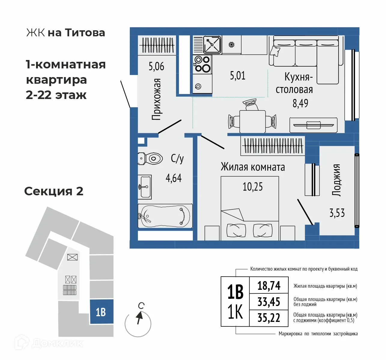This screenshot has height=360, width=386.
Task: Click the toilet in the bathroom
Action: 151,158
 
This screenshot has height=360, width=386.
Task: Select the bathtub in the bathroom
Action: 165,216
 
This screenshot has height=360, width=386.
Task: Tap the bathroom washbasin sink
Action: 145,187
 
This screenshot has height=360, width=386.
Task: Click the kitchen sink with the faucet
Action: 212,45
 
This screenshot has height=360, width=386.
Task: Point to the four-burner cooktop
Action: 202,64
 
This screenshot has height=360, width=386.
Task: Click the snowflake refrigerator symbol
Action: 231,45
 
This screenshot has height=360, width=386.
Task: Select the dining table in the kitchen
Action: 252,121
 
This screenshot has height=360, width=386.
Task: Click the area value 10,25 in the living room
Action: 252,187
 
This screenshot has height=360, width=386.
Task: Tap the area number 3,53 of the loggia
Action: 337,213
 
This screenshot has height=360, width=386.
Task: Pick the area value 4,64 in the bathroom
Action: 174,178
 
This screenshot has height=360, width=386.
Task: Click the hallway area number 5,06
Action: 156,66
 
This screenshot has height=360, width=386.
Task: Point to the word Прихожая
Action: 157,99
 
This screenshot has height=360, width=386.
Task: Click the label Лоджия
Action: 336,180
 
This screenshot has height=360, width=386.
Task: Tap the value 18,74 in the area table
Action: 269,286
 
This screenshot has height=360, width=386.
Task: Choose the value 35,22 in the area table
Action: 269,318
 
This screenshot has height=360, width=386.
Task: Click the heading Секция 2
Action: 54,191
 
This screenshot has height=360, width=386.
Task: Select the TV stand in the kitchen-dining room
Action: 313,125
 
